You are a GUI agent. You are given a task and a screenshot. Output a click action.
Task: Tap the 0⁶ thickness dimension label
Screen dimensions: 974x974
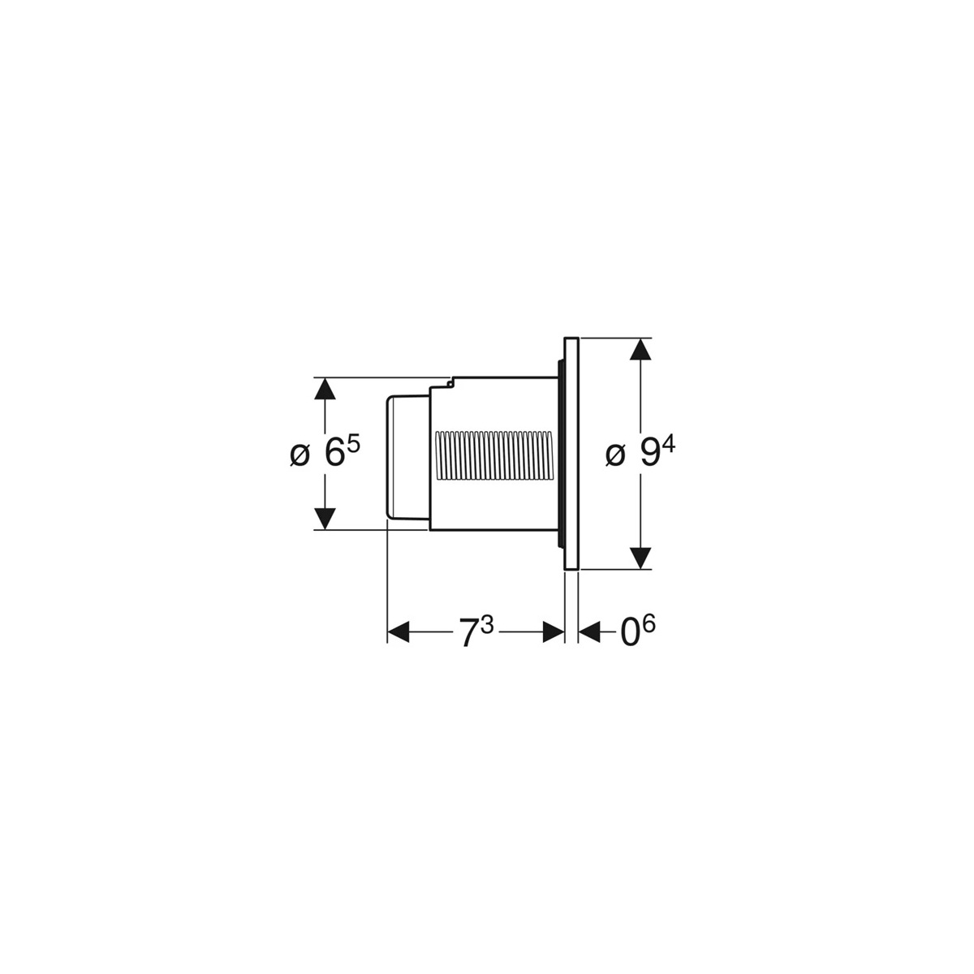tap(638, 632)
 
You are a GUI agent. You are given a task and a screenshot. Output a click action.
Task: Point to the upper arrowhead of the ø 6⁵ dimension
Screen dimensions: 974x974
tap(325, 390)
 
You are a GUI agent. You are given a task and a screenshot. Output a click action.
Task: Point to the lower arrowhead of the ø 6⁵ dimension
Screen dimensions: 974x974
tap(325, 518)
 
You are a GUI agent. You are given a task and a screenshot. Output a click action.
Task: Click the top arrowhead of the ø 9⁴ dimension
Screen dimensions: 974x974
tap(641, 351)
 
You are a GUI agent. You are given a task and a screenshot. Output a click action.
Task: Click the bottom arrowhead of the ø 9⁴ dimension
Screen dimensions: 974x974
tap(641, 557)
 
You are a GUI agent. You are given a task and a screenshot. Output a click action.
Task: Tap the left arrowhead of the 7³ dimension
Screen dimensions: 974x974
tap(399, 632)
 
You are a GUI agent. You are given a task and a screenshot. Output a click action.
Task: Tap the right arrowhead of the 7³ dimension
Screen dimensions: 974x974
tap(554, 632)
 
